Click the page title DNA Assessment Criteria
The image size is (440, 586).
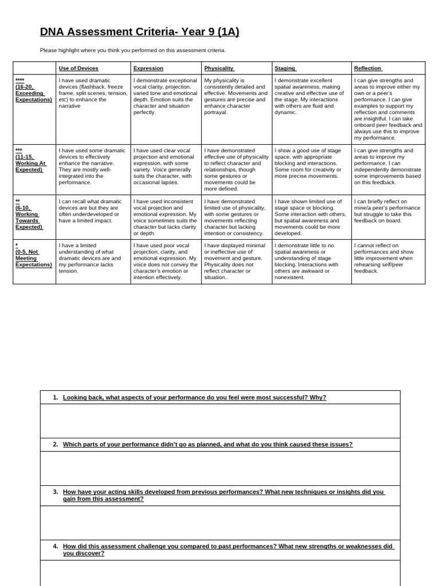click(x=139, y=32)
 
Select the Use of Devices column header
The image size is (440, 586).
click(x=78, y=68)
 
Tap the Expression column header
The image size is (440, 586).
click(x=148, y=68)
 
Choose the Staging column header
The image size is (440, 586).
click(x=285, y=68)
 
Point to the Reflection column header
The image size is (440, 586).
click(x=368, y=68)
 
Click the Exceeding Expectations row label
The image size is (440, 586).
click(x=34, y=90)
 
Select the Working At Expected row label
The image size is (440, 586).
click(x=31, y=160)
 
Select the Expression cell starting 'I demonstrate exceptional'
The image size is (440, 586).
click(x=166, y=96)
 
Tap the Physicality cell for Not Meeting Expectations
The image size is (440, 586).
click(x=236, y=261)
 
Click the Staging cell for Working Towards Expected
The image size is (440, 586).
click(x=311, y=217)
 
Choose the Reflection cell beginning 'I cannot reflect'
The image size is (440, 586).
click(x=387, y=258)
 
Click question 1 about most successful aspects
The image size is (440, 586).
click(x=194, y=397)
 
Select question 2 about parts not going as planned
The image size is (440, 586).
click(x=207, y=444)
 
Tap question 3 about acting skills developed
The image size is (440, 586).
click(x=223, y=495)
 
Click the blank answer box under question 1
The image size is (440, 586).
click(x=220, y=421)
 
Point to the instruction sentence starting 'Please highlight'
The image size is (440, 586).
click(x=133, y=50)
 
